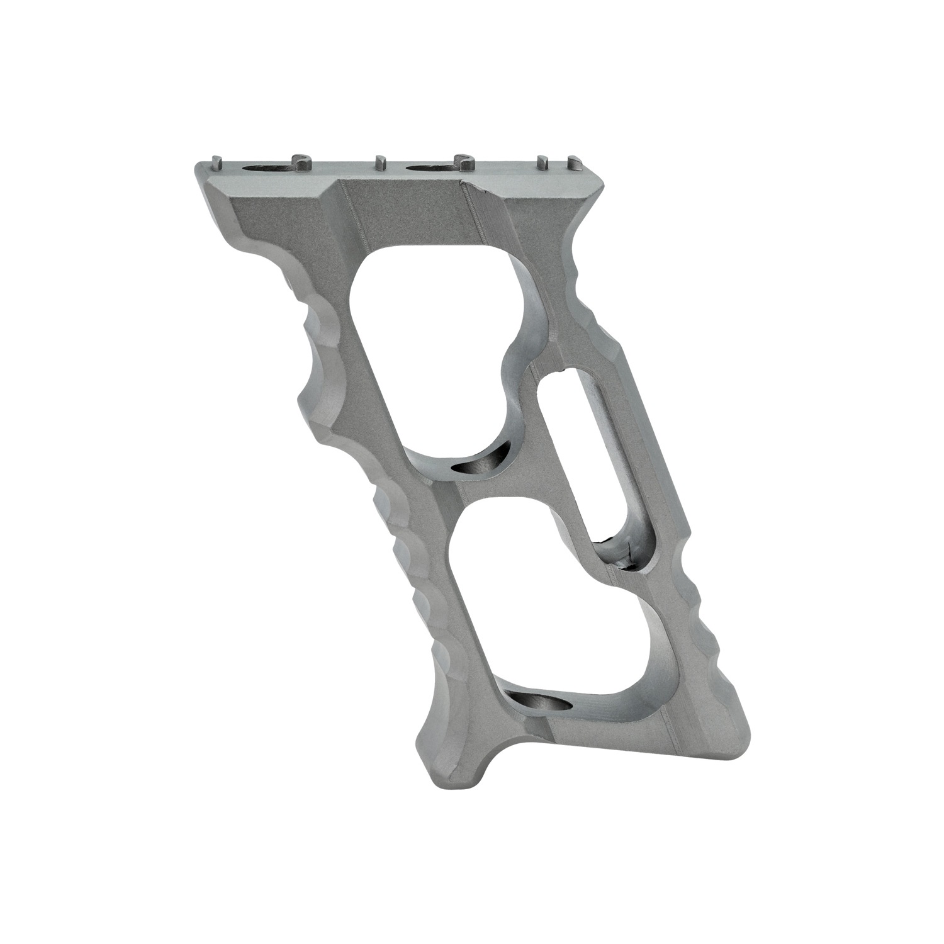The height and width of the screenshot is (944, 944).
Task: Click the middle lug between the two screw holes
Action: point(379,162)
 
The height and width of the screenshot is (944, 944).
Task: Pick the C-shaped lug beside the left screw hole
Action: point(301,162)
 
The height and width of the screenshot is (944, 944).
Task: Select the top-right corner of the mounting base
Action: point(603,183)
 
